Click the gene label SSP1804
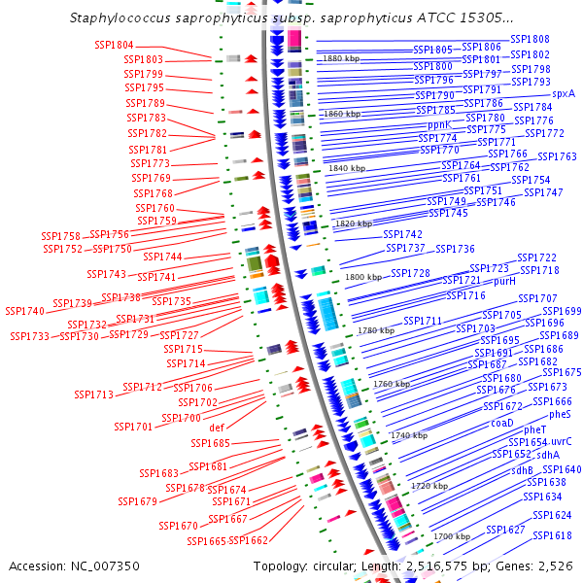pos(114,45)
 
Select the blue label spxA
pos(564,93)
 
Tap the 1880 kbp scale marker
pos(341,58)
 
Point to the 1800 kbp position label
pos(363,277)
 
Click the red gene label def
pos(217,428)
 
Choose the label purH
pos(504,281)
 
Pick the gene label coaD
pos(502,423)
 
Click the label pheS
pos(560,414)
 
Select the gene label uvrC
pos(561,442)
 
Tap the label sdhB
pos(522,470)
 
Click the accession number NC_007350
pos(105,566)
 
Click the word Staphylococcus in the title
pos(120,17)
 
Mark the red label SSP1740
pos(24,311)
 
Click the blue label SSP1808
pos(530,39)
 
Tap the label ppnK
pos(439,125)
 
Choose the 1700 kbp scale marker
pos(452,536)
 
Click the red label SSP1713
pos(93,394)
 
